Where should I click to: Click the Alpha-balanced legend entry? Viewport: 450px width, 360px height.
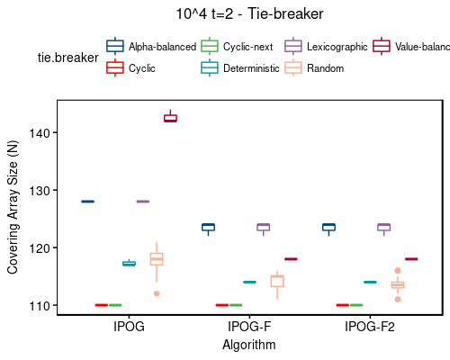(x=162, y=46)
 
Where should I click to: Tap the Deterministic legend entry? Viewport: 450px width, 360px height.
(x=251, y=67)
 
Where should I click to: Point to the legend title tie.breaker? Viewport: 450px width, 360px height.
(x=64, y=57)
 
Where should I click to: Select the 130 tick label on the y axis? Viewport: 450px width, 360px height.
(x=41, y=191)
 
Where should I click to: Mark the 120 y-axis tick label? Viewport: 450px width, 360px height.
(x=41, y=248)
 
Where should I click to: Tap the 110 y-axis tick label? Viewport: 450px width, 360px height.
(x=41, y=306)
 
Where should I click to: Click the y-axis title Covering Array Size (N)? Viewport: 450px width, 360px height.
(x=13, y=207)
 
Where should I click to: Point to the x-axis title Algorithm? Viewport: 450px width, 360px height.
(x=249, y=344)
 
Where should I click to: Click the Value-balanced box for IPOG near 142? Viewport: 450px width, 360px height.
(x=170, y=118)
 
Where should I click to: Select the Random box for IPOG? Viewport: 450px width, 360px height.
(x=157, y=259)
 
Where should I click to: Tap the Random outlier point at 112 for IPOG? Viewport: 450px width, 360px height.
(x=157, y=293)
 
